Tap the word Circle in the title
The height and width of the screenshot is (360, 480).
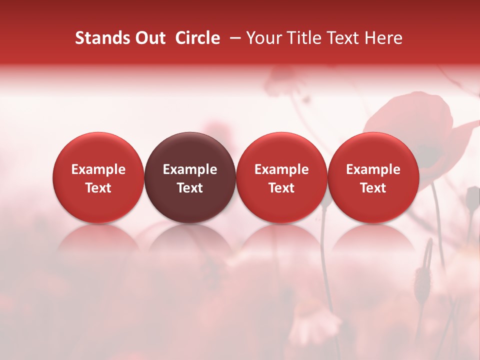click(x=197, y=38)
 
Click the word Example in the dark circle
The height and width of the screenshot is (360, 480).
click(x=190, y=169)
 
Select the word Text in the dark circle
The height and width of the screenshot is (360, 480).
click(x=190, y=188)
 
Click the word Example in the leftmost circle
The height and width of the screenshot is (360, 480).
click(x=98, y=169)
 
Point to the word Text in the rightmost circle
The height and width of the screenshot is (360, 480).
click(x=373, y=188)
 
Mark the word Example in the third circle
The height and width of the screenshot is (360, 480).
click(x=281, y=169)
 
